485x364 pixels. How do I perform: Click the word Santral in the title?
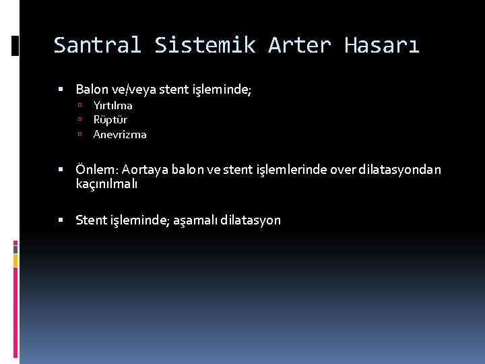(97, 45)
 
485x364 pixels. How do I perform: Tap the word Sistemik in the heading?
(205, 45)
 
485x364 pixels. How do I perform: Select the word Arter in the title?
(299, 45)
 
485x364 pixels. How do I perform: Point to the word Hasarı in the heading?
(382, 45)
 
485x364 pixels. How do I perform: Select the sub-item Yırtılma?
(112, 105)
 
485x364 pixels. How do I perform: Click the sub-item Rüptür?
(110, 119)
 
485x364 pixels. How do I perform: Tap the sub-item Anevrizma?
(120, 134)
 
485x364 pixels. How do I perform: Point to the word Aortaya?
(145, 169)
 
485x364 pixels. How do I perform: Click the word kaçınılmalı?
(106, 183)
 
